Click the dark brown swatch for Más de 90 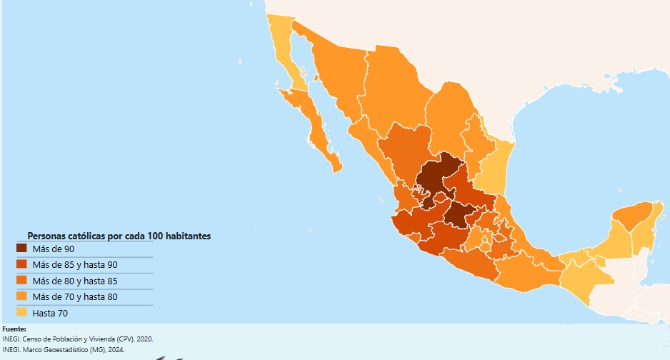click(x=21, y=249)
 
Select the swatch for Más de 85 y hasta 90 click(x=21, y=264)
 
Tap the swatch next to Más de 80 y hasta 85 click(x=21, y=281)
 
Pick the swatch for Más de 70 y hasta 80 click(x=21, y=296)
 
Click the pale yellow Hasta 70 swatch click(x=21, y=313)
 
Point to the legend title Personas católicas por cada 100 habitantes click(x=119, y=236)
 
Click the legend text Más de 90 click(x=53, y=249)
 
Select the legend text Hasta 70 click(x=50, y=313)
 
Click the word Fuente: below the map click(x=14, y=329)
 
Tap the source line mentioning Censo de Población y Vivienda click(x=76, y=339)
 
